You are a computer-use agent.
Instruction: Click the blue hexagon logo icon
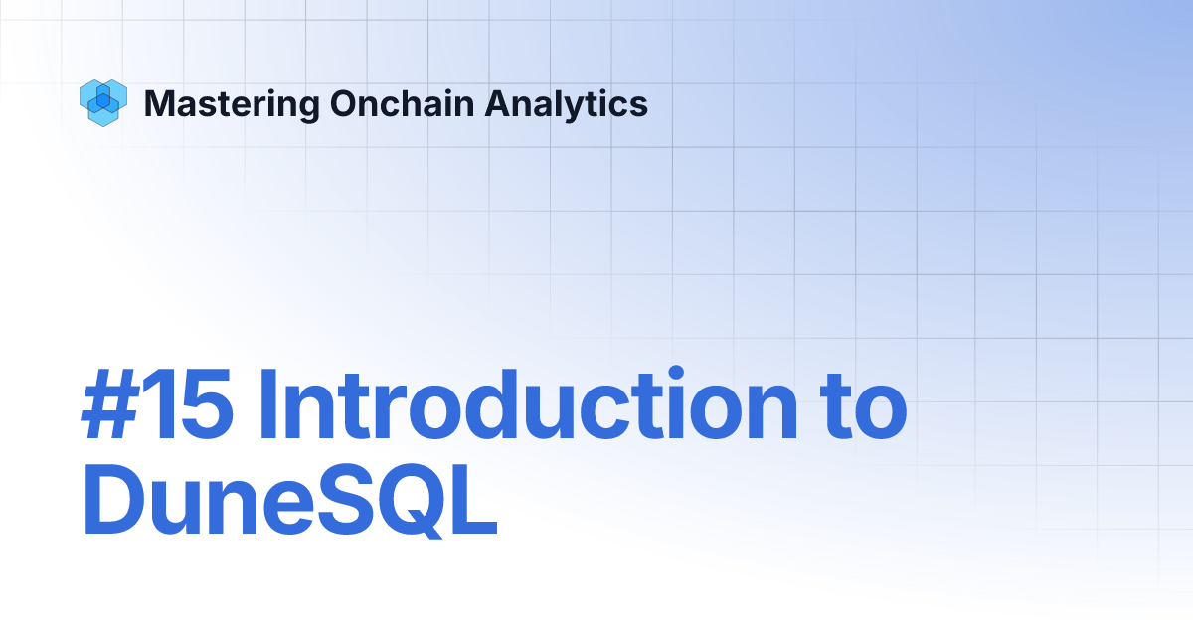coord(101,102)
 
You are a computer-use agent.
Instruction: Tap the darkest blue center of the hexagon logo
coord(101,99)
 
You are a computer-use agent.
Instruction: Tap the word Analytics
coord(567,103)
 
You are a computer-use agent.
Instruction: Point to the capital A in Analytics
coord(497,103)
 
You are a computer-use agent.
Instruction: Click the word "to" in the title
coord(865,409)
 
